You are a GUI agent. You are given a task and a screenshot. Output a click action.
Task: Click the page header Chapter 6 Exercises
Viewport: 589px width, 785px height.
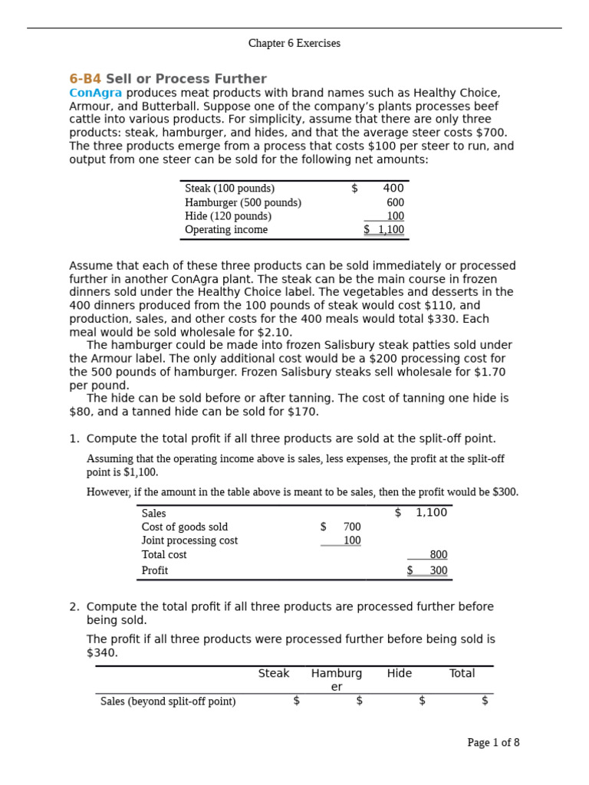(x=294, y=44)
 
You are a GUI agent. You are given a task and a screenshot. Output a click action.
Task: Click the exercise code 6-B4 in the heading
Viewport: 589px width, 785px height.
(x=85, y=79)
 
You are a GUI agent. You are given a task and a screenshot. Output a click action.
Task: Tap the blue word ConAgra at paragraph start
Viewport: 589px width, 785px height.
(x=96, y=93)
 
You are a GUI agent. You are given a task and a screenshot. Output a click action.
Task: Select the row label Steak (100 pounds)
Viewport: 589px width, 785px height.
(x=229, y=189)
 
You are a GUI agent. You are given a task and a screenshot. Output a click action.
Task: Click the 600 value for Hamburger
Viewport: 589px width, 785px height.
(x=395, y=202)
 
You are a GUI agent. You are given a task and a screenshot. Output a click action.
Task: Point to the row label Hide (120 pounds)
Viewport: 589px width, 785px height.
(x=228, y=216)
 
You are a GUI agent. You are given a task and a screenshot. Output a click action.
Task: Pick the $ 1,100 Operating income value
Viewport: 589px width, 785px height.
(x=384, y=230)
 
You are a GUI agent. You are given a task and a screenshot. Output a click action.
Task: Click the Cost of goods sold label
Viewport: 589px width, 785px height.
(x=184, y=527)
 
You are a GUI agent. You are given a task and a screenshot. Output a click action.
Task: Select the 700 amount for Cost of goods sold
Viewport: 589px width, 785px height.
(x=351, y=527)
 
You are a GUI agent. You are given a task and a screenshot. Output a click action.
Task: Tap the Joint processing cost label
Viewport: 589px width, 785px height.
(x=189, y=540)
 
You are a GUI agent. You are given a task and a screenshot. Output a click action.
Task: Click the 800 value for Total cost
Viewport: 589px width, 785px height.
(x=438, y=554)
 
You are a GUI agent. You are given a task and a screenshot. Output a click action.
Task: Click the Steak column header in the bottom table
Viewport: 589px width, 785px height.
(x=274, y=673)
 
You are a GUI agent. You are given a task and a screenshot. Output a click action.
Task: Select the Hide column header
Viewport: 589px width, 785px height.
(x=399, y=673)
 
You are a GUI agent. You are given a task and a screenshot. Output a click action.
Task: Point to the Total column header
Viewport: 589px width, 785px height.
(x=462, y=673)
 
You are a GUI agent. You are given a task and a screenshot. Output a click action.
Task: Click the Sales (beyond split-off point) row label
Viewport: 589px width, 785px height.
(x=168, y=701)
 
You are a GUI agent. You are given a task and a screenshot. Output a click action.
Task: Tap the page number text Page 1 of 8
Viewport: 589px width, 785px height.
(x=493, y=742)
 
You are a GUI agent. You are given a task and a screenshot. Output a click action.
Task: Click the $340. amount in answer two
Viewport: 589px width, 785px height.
(x=103, y=652)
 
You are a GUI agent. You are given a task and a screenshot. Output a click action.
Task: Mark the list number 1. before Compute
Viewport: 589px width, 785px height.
(x=74, y=438)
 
